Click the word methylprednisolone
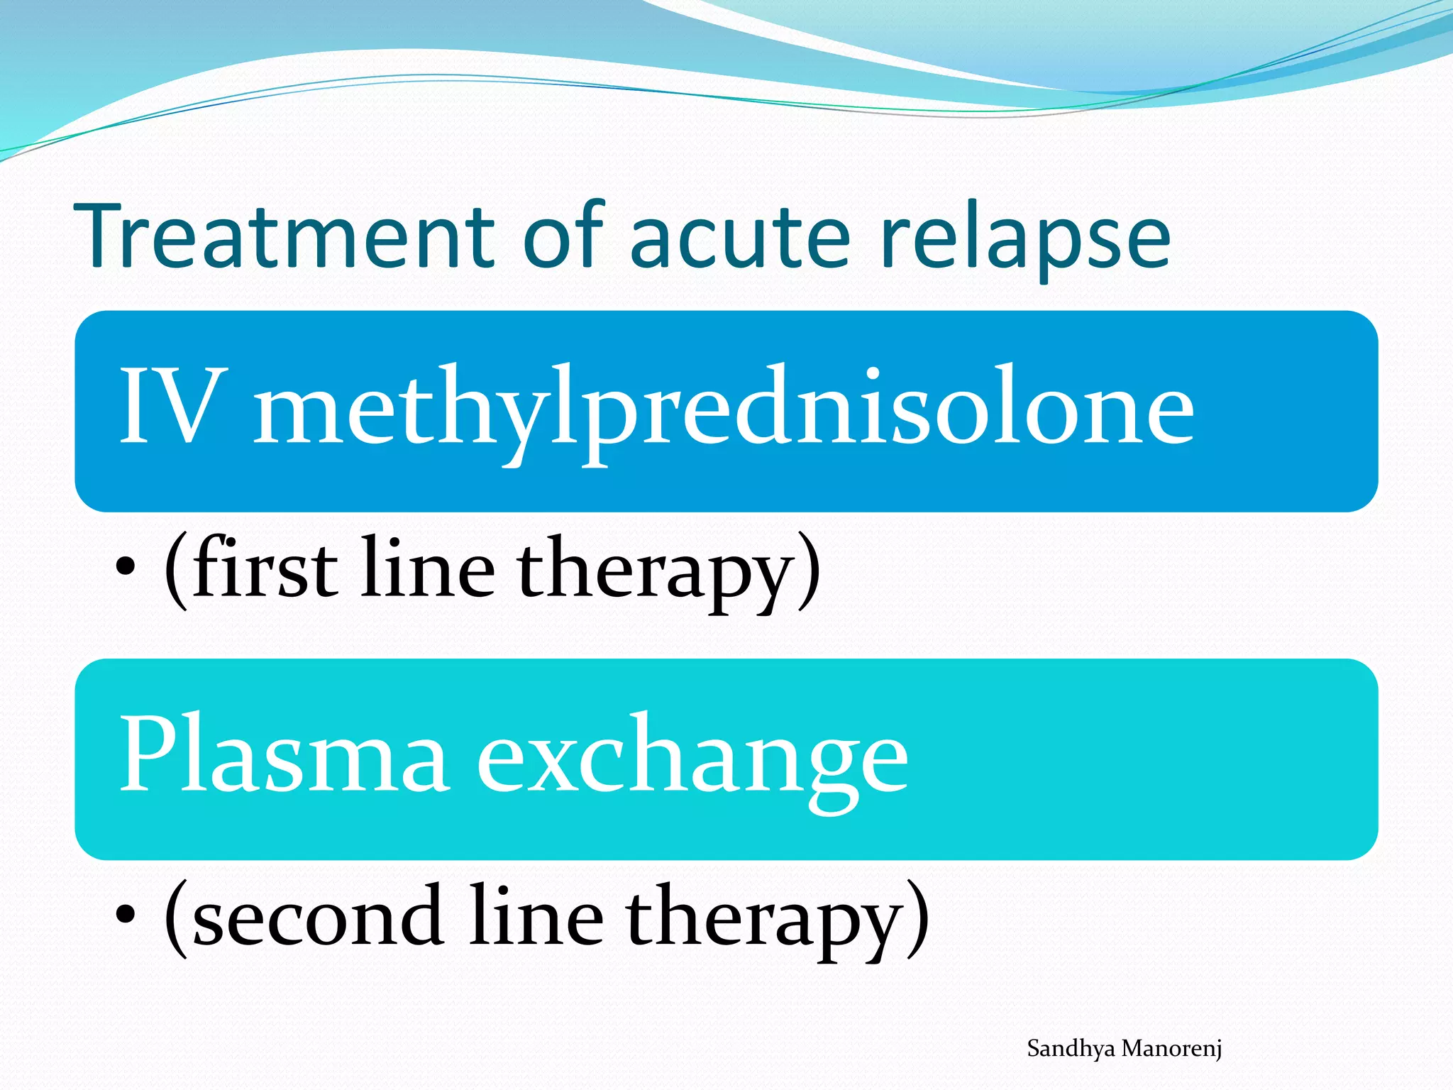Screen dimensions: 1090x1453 724,412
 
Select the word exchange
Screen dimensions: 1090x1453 692,759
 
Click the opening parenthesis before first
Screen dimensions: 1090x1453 176,571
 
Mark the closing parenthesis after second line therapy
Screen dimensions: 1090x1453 918,919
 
